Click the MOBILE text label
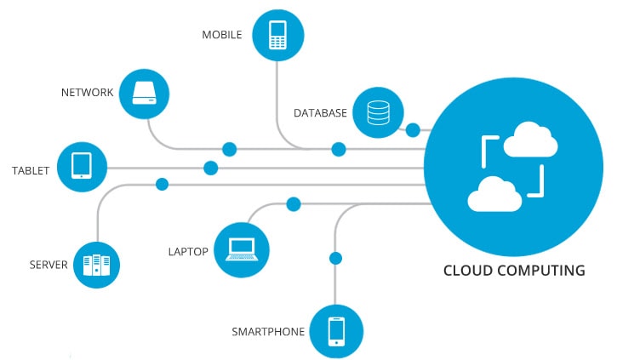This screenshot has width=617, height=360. [x=221, y=35]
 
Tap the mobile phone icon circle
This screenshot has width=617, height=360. [x=277, y=35]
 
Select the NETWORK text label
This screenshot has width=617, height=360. [x=87, y=92]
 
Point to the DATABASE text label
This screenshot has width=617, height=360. [x=320, y=112]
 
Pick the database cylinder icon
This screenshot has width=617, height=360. [x=377, y=112]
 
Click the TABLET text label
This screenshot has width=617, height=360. [x=31, y=170]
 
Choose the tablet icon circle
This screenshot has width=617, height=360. [x=83, y=164]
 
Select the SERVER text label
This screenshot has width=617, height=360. [x=48, y=265]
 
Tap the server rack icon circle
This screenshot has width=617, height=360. [x=96, y=266]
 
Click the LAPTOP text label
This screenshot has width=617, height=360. [x=188, y=252]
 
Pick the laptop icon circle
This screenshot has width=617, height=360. [x=242, y=249]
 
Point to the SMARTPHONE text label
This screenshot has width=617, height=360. [x=268, y=331]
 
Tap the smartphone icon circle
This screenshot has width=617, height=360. [x=336, y=330]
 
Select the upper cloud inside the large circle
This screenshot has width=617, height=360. [x=530, y=141]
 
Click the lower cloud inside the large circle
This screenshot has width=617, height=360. [x=494, y=195]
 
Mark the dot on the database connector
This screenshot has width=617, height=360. [x=413, y=130]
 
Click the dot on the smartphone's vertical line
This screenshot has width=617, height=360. [x=335, y=258]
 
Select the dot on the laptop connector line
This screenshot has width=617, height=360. [x=294, y=204]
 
